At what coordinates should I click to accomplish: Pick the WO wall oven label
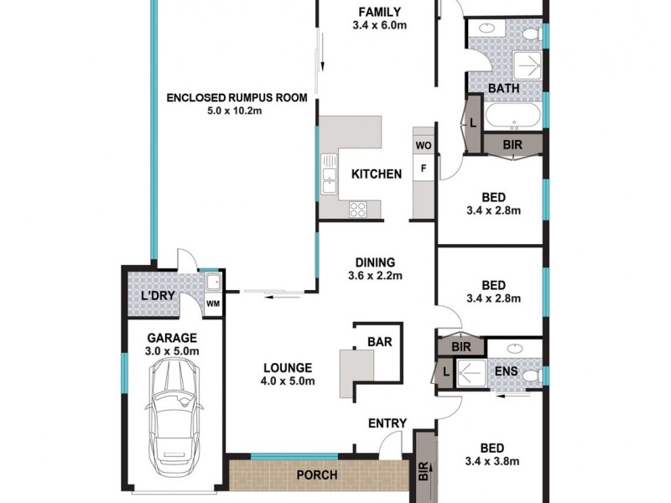coord(423,146)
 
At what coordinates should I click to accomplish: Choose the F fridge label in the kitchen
coord(423,169)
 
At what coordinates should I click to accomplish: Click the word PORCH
coord(317,475)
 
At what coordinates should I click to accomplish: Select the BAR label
coord(380,342)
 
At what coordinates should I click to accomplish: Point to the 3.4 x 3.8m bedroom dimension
coord(492,461)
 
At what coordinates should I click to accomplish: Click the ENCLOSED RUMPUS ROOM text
coord(237,97)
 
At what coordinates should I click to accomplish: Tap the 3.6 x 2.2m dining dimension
coord(375,276)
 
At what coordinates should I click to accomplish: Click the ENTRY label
coord(388,423)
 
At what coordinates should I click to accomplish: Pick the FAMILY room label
coord(379,12)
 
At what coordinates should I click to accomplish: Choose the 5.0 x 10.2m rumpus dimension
coord(237,111)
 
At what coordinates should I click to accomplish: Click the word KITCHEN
coord(376,174)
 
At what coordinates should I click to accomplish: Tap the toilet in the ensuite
coord(528,377)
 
